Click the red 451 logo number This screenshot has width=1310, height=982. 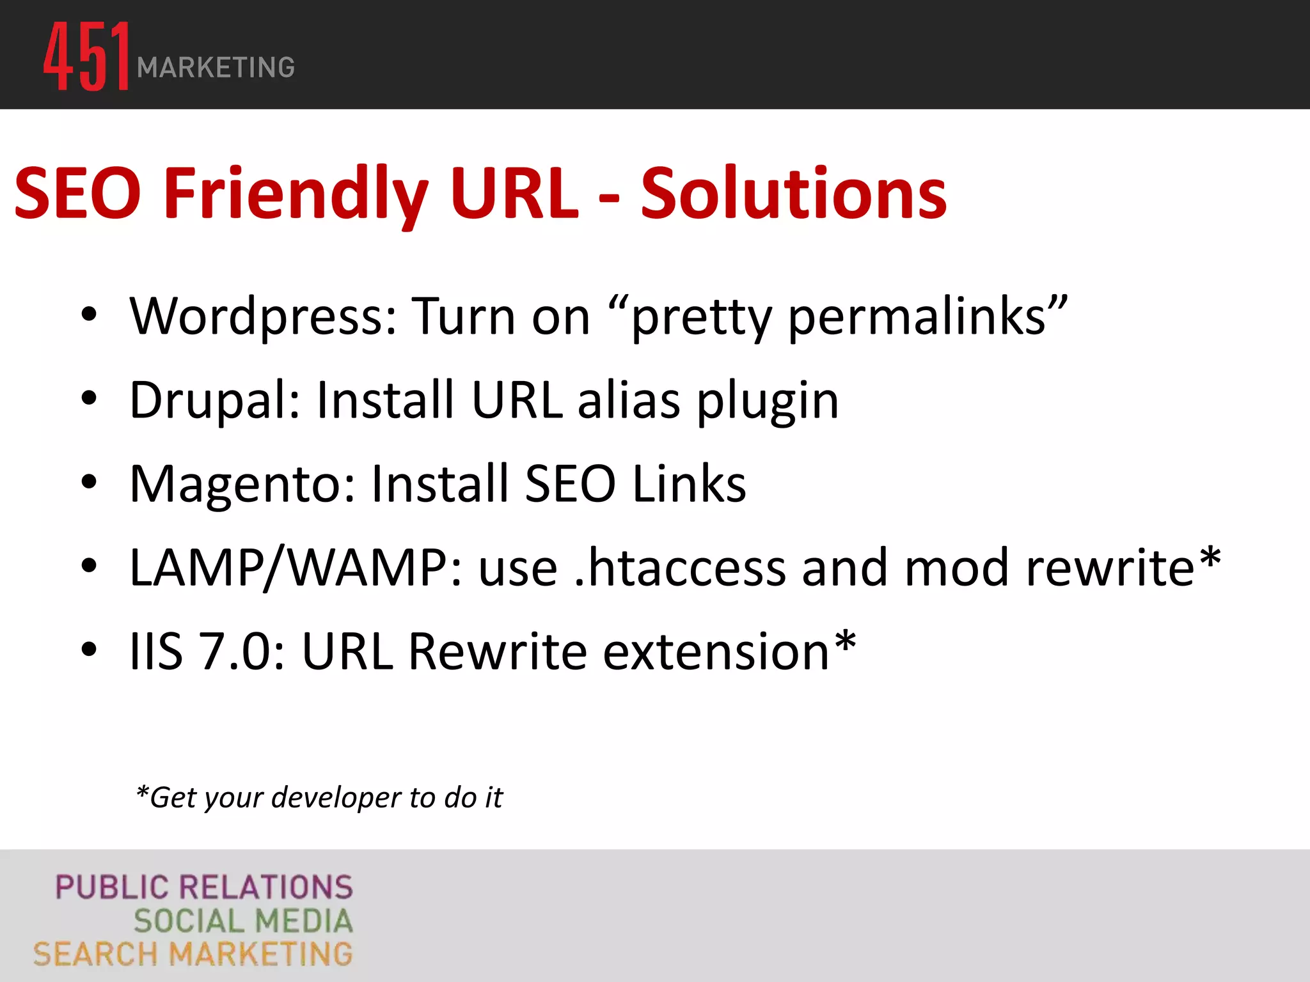86,56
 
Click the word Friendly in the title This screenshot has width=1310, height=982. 296,193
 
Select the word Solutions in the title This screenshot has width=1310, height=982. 793,193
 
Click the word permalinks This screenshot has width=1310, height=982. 917,317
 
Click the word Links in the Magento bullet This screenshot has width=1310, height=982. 689,483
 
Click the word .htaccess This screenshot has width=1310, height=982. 680,568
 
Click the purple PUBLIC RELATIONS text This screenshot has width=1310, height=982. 204,887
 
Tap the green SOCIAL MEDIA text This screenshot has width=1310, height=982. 243,921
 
